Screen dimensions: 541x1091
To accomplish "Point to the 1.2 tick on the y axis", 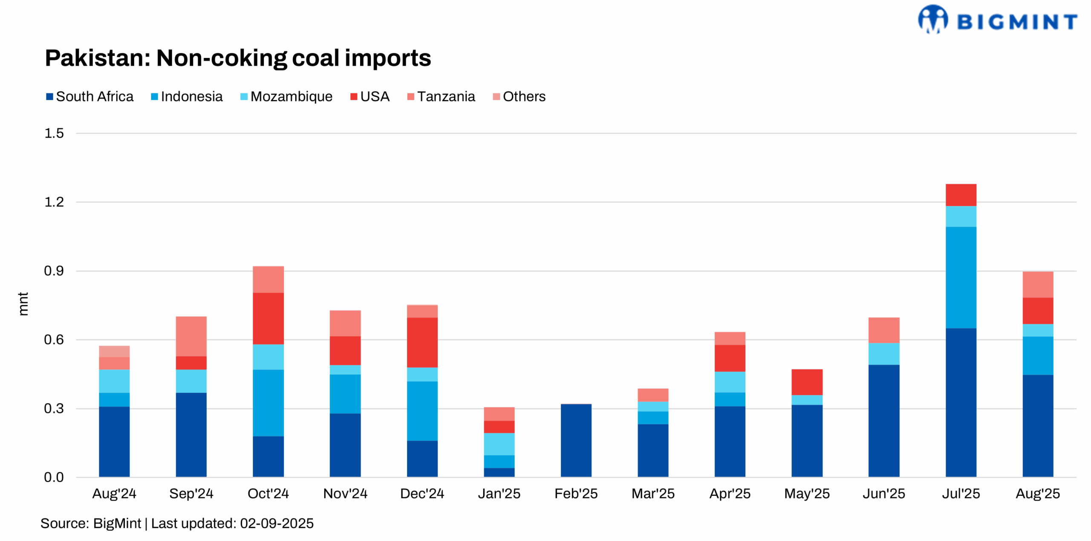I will pyautogui.click(x=54, y=202).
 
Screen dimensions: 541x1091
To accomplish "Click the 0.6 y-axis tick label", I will pyautogui.click(x=54, y=340).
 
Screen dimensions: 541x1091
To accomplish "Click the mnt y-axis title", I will pyautogui.click(x=23, y=304).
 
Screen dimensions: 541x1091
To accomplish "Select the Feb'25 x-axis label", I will pyautogui.click(x=576, y=494).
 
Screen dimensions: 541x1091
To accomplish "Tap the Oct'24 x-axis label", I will pyautogui.click(x=268, y=494).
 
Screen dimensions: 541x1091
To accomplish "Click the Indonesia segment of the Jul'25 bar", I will pyautogui.click(x=961, y=277).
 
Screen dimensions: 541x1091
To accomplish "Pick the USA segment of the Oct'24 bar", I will pyautogui.click(x=268, y=318).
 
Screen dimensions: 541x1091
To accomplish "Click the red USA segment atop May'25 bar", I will pyautogui.click(x=807, y=382).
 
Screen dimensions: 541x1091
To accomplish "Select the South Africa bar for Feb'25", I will pyautogui.click(x=576, y=440).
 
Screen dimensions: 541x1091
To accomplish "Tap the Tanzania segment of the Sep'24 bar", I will pyautogui.click(x=191, y=336).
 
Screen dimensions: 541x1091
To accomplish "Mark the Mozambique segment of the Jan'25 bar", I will pyautogui.click(x=499, y=444).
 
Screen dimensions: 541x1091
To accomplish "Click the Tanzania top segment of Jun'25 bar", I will pyautogui.click(x=883, y=330).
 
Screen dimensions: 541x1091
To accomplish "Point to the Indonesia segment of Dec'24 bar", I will pyautogui.click(x=422, y=411).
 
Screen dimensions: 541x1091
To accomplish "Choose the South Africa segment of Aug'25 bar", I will pyautogui.click(x=1037, y=425).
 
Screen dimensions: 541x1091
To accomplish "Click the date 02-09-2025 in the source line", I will pyautogui.click(x=277, y=524).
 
